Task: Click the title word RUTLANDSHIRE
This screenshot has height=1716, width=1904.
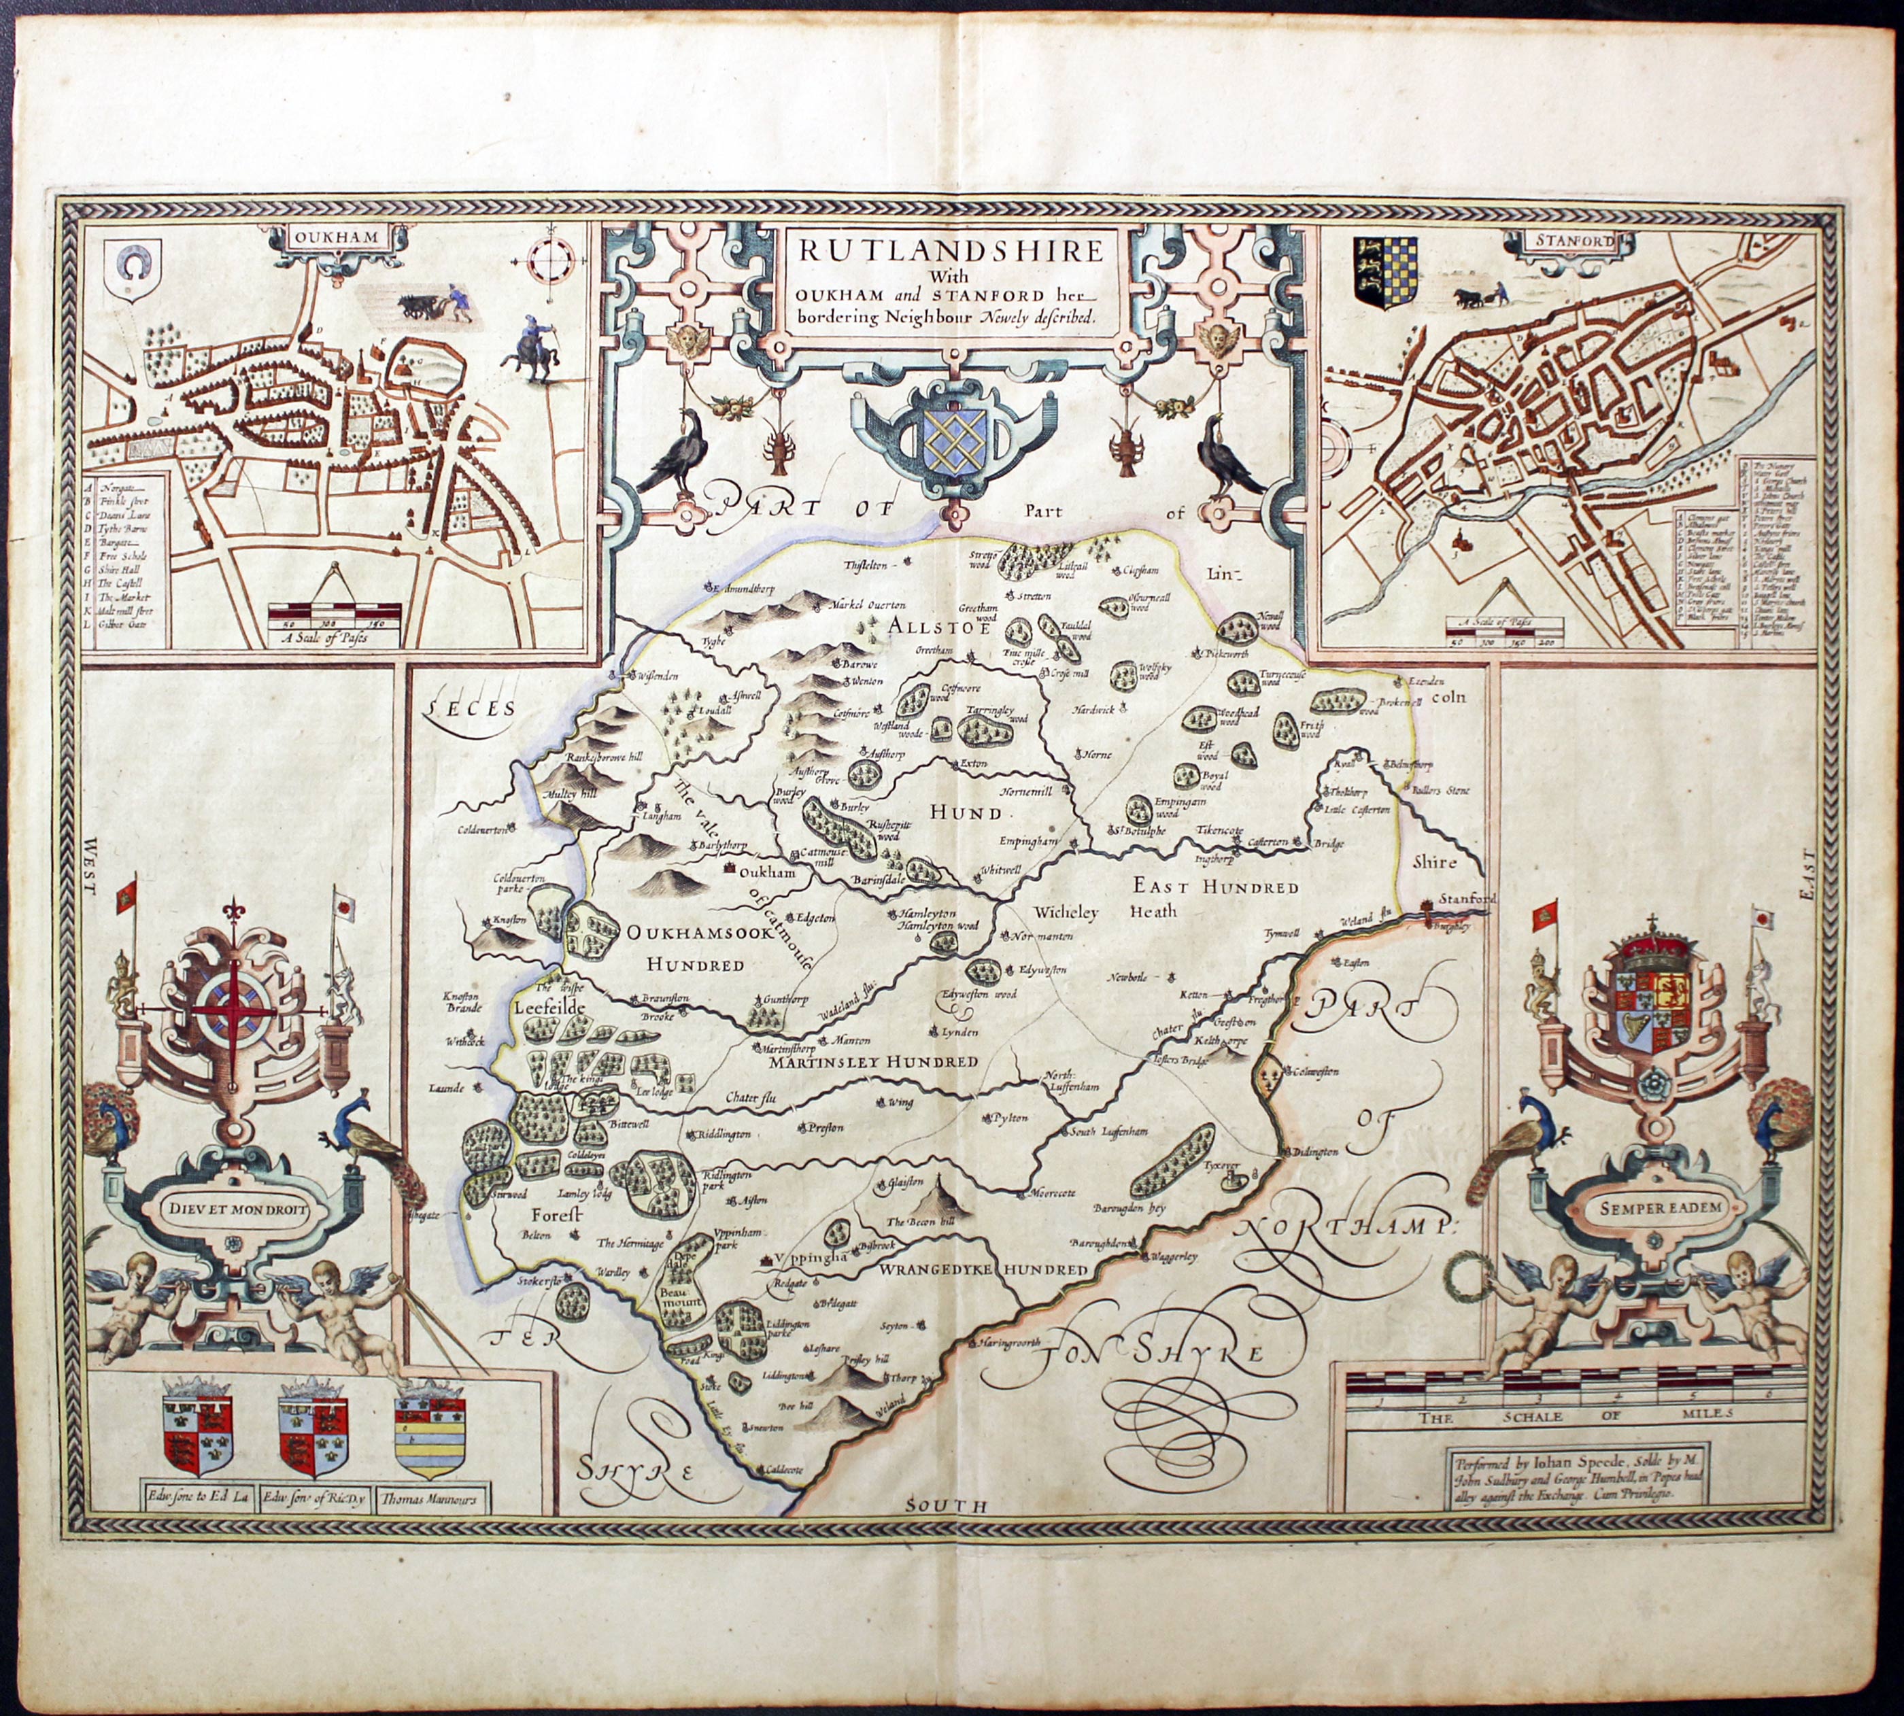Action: [x=951, y=251]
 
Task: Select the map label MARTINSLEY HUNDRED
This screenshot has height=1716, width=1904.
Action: [x=872, y=1063]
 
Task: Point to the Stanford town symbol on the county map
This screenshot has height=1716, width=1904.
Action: [x=1426, y=906]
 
